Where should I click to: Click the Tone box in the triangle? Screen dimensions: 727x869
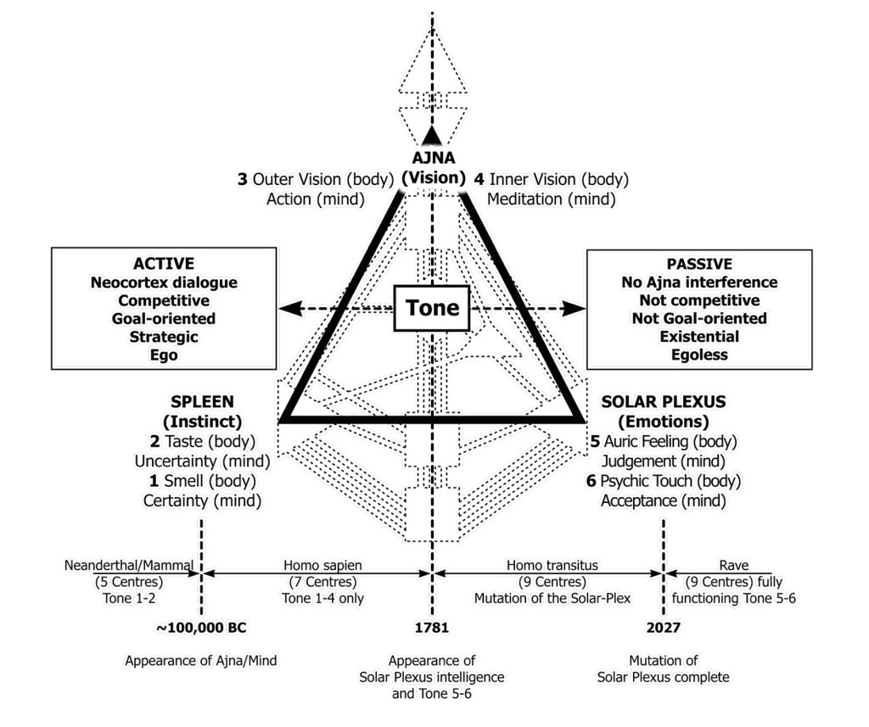click(432, 308)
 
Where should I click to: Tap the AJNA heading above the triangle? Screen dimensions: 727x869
click(433, 159)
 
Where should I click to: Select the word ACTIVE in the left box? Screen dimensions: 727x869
click(163, 264)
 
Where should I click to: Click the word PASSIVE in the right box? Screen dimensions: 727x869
click(699, 264)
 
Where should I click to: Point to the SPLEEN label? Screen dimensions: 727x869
click(202, 401)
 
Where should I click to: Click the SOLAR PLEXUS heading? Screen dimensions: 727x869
click(663, 401)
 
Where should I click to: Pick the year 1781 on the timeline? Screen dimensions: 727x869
click(432, 629)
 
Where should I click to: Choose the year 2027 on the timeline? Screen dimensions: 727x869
click(662, 629)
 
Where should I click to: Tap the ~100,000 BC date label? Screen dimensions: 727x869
click(201, 629)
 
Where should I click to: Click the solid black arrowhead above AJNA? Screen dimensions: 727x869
click(433, 133)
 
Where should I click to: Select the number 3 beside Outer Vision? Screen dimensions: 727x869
click(242, 180)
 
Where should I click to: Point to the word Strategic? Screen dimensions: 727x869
click(163, 337)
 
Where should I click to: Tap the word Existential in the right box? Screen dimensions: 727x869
click(699, 337)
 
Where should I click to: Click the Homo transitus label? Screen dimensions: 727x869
click(552, 564)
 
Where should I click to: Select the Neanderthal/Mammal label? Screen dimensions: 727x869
click(130, 564)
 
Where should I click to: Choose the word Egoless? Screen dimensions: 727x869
click(699, 355)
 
